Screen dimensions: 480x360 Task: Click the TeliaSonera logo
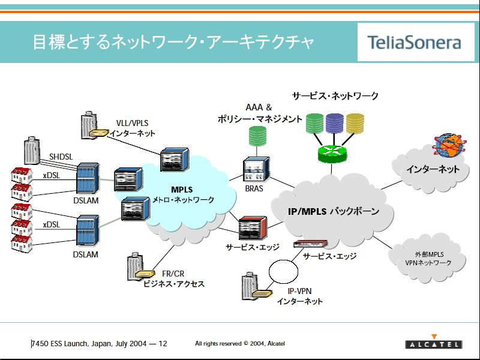click(414, 43)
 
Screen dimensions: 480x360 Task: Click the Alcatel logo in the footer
click(433, 341)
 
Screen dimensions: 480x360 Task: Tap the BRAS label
click(254, 188)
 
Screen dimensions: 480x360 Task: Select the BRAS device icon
click(256, 169)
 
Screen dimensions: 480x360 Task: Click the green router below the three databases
click(332, 154)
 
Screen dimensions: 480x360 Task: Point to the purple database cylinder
click(335, 124)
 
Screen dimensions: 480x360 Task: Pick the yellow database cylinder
click(355, 124)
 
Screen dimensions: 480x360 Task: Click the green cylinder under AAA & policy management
click(257, 136)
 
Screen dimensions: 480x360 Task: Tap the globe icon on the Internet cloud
click(449, 145)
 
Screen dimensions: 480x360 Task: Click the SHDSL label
click(61, 157)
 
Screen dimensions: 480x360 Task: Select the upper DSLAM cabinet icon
click(88, 178)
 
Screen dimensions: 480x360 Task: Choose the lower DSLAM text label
click(85, 254)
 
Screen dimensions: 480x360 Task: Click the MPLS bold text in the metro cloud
click(182, 190)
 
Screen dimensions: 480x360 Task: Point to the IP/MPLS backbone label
click(334, 211)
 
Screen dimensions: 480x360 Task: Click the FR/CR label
click(173, 274)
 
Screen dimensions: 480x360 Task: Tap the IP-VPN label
click(299, 291)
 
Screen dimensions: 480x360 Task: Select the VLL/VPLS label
click(132, 123)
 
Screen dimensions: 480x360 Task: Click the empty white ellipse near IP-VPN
click(283, 272)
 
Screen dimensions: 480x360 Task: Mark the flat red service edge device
click(310, 244)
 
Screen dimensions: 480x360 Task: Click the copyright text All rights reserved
click(240, 343)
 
